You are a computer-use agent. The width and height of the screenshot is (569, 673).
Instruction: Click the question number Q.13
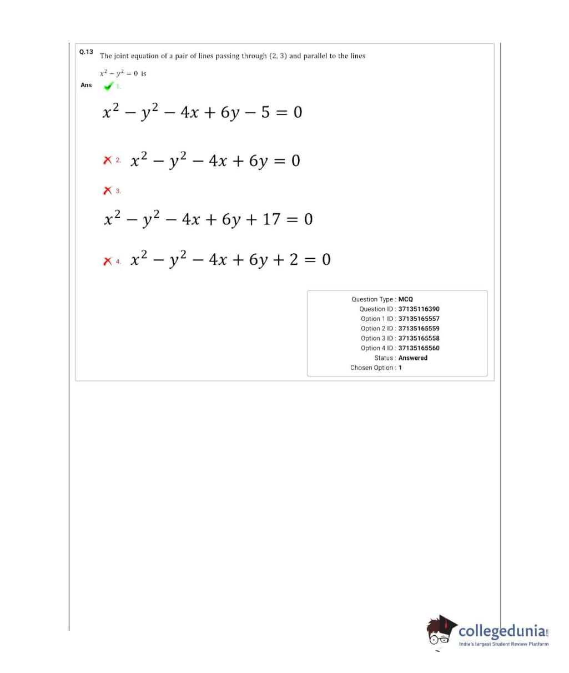click(86, 52)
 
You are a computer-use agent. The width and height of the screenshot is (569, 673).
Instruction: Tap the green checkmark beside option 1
click(108, 86)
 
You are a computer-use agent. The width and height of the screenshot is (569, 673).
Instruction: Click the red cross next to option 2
click(108, 160)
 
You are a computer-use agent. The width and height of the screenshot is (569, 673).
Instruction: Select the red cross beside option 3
click(108, 190)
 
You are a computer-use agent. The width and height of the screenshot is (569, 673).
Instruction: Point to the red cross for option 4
click(108, 260)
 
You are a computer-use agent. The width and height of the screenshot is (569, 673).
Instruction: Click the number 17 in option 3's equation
click(271, 219)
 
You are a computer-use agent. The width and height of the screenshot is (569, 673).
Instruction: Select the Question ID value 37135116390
click(419, 309)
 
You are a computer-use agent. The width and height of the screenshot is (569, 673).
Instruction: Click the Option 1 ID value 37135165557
click(419, 319)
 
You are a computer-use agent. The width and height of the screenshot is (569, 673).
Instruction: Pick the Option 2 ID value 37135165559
click(419, 328)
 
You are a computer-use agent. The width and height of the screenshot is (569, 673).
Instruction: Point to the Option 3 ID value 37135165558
click(419, 338)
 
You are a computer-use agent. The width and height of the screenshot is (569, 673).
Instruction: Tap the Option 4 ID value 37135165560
click(419, 348)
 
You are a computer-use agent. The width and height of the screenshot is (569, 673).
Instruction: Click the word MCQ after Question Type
click(405, 299)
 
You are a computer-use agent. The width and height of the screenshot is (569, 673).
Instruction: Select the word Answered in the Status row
click(412, 358)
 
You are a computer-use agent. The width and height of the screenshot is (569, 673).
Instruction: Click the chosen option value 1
click(400, 368)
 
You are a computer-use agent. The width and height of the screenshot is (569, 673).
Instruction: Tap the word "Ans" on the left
click(86, 85)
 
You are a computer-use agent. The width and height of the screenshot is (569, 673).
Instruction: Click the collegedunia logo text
click(501, 631)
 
